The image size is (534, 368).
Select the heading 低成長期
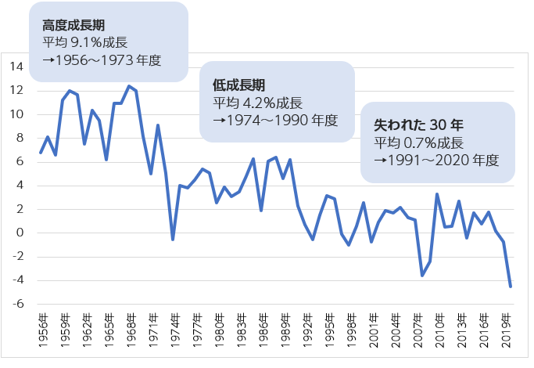239,85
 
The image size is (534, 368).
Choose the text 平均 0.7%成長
418,143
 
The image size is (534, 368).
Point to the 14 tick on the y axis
16,67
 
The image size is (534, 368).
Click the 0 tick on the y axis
20,233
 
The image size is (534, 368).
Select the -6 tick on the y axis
17,305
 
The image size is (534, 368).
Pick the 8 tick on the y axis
20,139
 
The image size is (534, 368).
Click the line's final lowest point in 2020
511,287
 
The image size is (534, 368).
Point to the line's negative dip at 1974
173,240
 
